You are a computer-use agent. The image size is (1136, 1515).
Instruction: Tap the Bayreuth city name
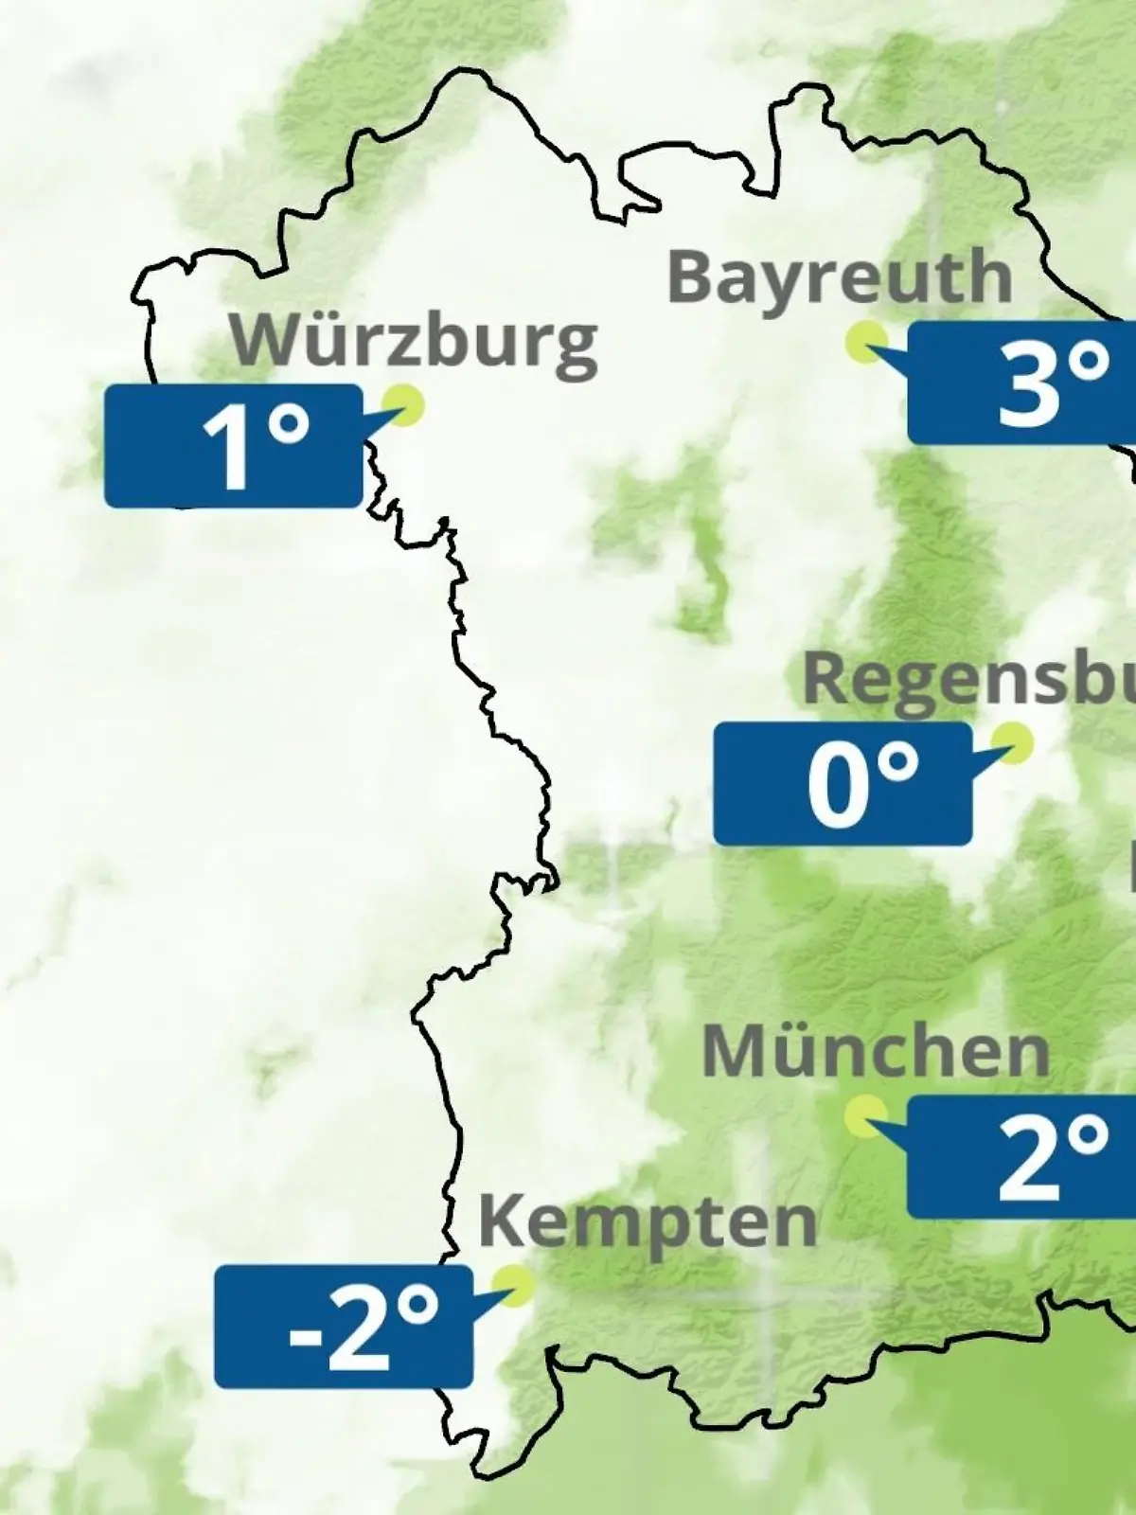[x=840, y=278]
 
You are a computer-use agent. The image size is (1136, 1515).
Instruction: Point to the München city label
[x=876, y=1051]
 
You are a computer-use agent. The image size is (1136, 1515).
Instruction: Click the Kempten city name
[x=648, y=1221]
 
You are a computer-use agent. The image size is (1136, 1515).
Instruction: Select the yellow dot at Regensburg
[x=1013, y=741]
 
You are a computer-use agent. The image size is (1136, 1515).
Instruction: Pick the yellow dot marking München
[x=864, y=1115]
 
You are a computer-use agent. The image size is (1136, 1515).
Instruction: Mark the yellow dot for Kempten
[x=515, y=1284]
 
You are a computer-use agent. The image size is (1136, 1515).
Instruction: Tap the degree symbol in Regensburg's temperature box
[x=899, y=763]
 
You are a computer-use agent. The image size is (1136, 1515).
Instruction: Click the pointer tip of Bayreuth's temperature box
[x=871, y=350]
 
